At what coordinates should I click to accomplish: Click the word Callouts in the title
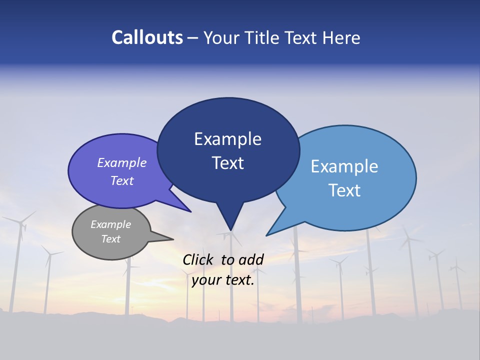(147, 37)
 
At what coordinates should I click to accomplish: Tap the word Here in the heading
(341, 37)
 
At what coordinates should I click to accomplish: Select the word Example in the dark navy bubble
(227, 139)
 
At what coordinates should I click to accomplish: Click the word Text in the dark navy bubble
(227, 163)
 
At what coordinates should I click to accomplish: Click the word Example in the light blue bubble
(344, 166)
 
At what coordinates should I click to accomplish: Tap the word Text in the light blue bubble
(344, 190)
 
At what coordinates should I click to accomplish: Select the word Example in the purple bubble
(122, 162)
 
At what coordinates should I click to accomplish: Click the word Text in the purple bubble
(122, 180)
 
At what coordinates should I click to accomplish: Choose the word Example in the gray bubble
(110, 224)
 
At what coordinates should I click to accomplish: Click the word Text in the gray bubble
(110, 239)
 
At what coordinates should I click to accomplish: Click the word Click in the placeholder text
(198, 259)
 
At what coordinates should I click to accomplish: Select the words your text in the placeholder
(222, 280)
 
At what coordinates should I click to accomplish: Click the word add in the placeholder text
(251, 259)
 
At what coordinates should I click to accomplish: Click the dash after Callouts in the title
(193, 38)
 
